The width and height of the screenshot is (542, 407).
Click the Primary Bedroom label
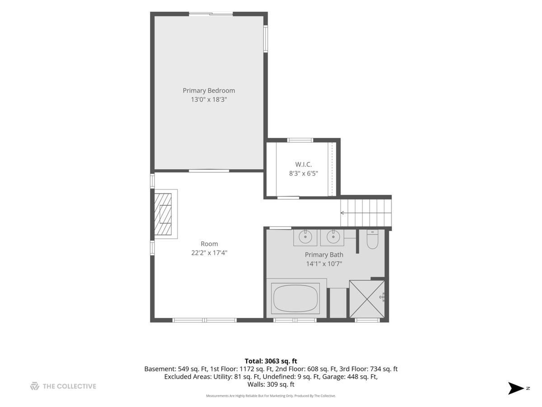[209, 91]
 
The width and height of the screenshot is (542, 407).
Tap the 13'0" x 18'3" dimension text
[209, 99]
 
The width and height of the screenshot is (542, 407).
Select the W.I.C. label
[304, 164]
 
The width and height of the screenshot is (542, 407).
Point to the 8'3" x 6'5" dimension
[304, 174]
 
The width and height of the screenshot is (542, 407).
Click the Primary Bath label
[324, 255]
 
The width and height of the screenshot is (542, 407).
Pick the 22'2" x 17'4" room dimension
[209, 253]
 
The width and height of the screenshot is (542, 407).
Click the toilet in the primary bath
[372, 239]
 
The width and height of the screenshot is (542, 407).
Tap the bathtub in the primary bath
[295, 298]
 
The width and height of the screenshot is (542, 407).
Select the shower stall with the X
[367, 299]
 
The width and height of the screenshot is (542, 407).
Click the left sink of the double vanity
[305, 237]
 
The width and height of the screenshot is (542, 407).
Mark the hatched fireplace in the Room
[163, 214]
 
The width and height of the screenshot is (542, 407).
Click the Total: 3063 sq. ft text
[271, 361]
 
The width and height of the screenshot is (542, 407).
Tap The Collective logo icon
[35, 386]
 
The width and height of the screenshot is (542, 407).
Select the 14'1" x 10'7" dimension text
[324, 264]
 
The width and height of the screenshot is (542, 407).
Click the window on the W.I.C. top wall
[300, 140]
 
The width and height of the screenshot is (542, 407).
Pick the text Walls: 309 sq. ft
[271, 384]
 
